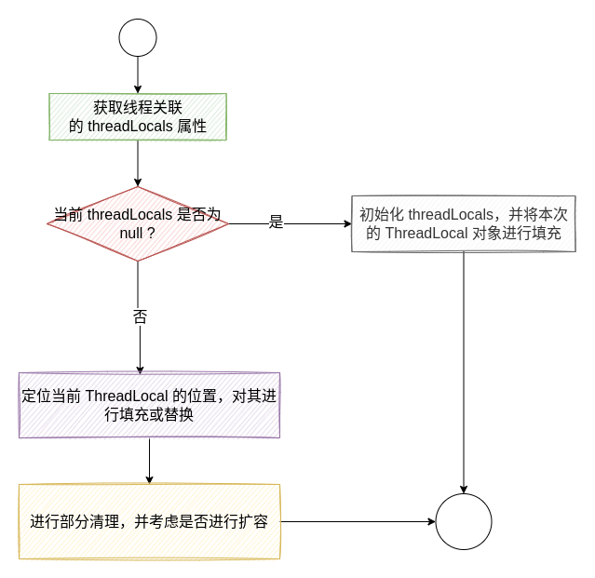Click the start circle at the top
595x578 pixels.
pos(138,37)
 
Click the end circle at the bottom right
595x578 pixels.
pos(464,521)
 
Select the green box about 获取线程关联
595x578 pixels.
pos(138,116)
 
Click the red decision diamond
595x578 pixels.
pos(138,223)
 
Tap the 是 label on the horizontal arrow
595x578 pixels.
pos(276,222)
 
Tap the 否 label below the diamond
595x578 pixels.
pos(140,316)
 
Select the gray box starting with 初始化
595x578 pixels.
pos(464,223)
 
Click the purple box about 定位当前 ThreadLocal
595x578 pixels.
pos(149,405)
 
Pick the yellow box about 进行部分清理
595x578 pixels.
pos(149,521)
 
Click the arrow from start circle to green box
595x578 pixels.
pos(138,74)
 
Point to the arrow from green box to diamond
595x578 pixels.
pos(138,163)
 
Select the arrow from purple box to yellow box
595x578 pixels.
pos(149,461)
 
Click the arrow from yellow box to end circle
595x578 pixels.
pos(358,521)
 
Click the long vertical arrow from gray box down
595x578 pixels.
pos(464,372)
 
